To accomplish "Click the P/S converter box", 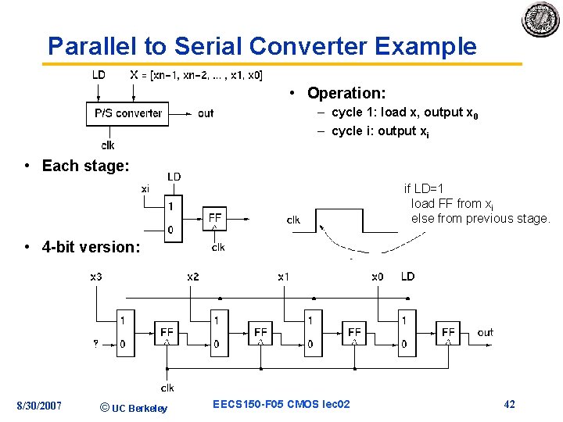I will pyautogui.click(x=127, y=113).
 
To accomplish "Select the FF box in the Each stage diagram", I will pyautogui.click(x=216, y=217).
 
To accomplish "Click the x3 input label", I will pyautogui.click(x=96, y=277).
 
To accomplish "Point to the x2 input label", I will pyautogui.click(x=192, y=277).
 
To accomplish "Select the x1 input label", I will pyautogui.click(x=284, y=277).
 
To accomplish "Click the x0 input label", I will pyautogui.click(x=378, y=277).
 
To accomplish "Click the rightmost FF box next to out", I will pyautogui.click(x=448, y=333).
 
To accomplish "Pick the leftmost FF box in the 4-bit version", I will pyautogui.click(x=167, y=333).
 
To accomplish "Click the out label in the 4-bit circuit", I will pyautogui.click(x=486, y=333).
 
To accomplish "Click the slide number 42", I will pyautogui.click(x=509, y=404).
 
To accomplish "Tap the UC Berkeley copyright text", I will pyautogui.click(x=134, y=407).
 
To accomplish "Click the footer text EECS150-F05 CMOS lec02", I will pyautogui.click(x=281, y=404).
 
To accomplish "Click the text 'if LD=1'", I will pyautogui.click(x=424, y=188).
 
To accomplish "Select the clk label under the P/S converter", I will pyautogui.click(x=108, y=145).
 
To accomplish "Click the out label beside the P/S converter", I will pyautogui.click(x=206, y=113).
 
